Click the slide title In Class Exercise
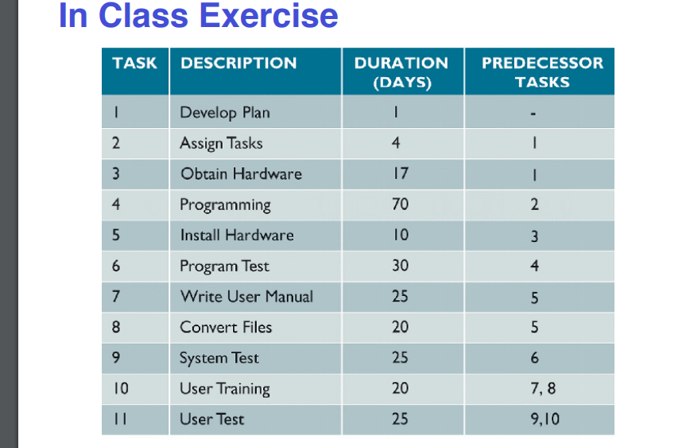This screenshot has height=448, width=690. coord(198,15)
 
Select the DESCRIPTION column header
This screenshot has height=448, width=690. coord(238,64)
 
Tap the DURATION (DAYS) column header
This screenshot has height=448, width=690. coord(401,72)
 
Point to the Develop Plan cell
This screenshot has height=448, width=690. coord(225,112)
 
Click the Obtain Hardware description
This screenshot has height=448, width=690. coord(241,173)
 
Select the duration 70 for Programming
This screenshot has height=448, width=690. coord(400,205)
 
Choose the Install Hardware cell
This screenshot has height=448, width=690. coord(237,235)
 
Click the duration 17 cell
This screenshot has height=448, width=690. coord(400,173)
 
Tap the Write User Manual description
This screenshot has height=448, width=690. coord(246,296)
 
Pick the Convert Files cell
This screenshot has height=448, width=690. coord(226,327)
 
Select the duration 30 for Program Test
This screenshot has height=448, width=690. coord(400,266)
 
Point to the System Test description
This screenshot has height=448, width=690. coord(219,358)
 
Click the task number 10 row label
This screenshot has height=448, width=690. coord(119,388)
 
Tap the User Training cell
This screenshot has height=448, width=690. coord(225,388)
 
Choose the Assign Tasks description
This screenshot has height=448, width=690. coord(221,143)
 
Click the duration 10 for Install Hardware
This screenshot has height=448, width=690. coord(400,235)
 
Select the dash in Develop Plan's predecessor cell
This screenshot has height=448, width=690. coord(537,112)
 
